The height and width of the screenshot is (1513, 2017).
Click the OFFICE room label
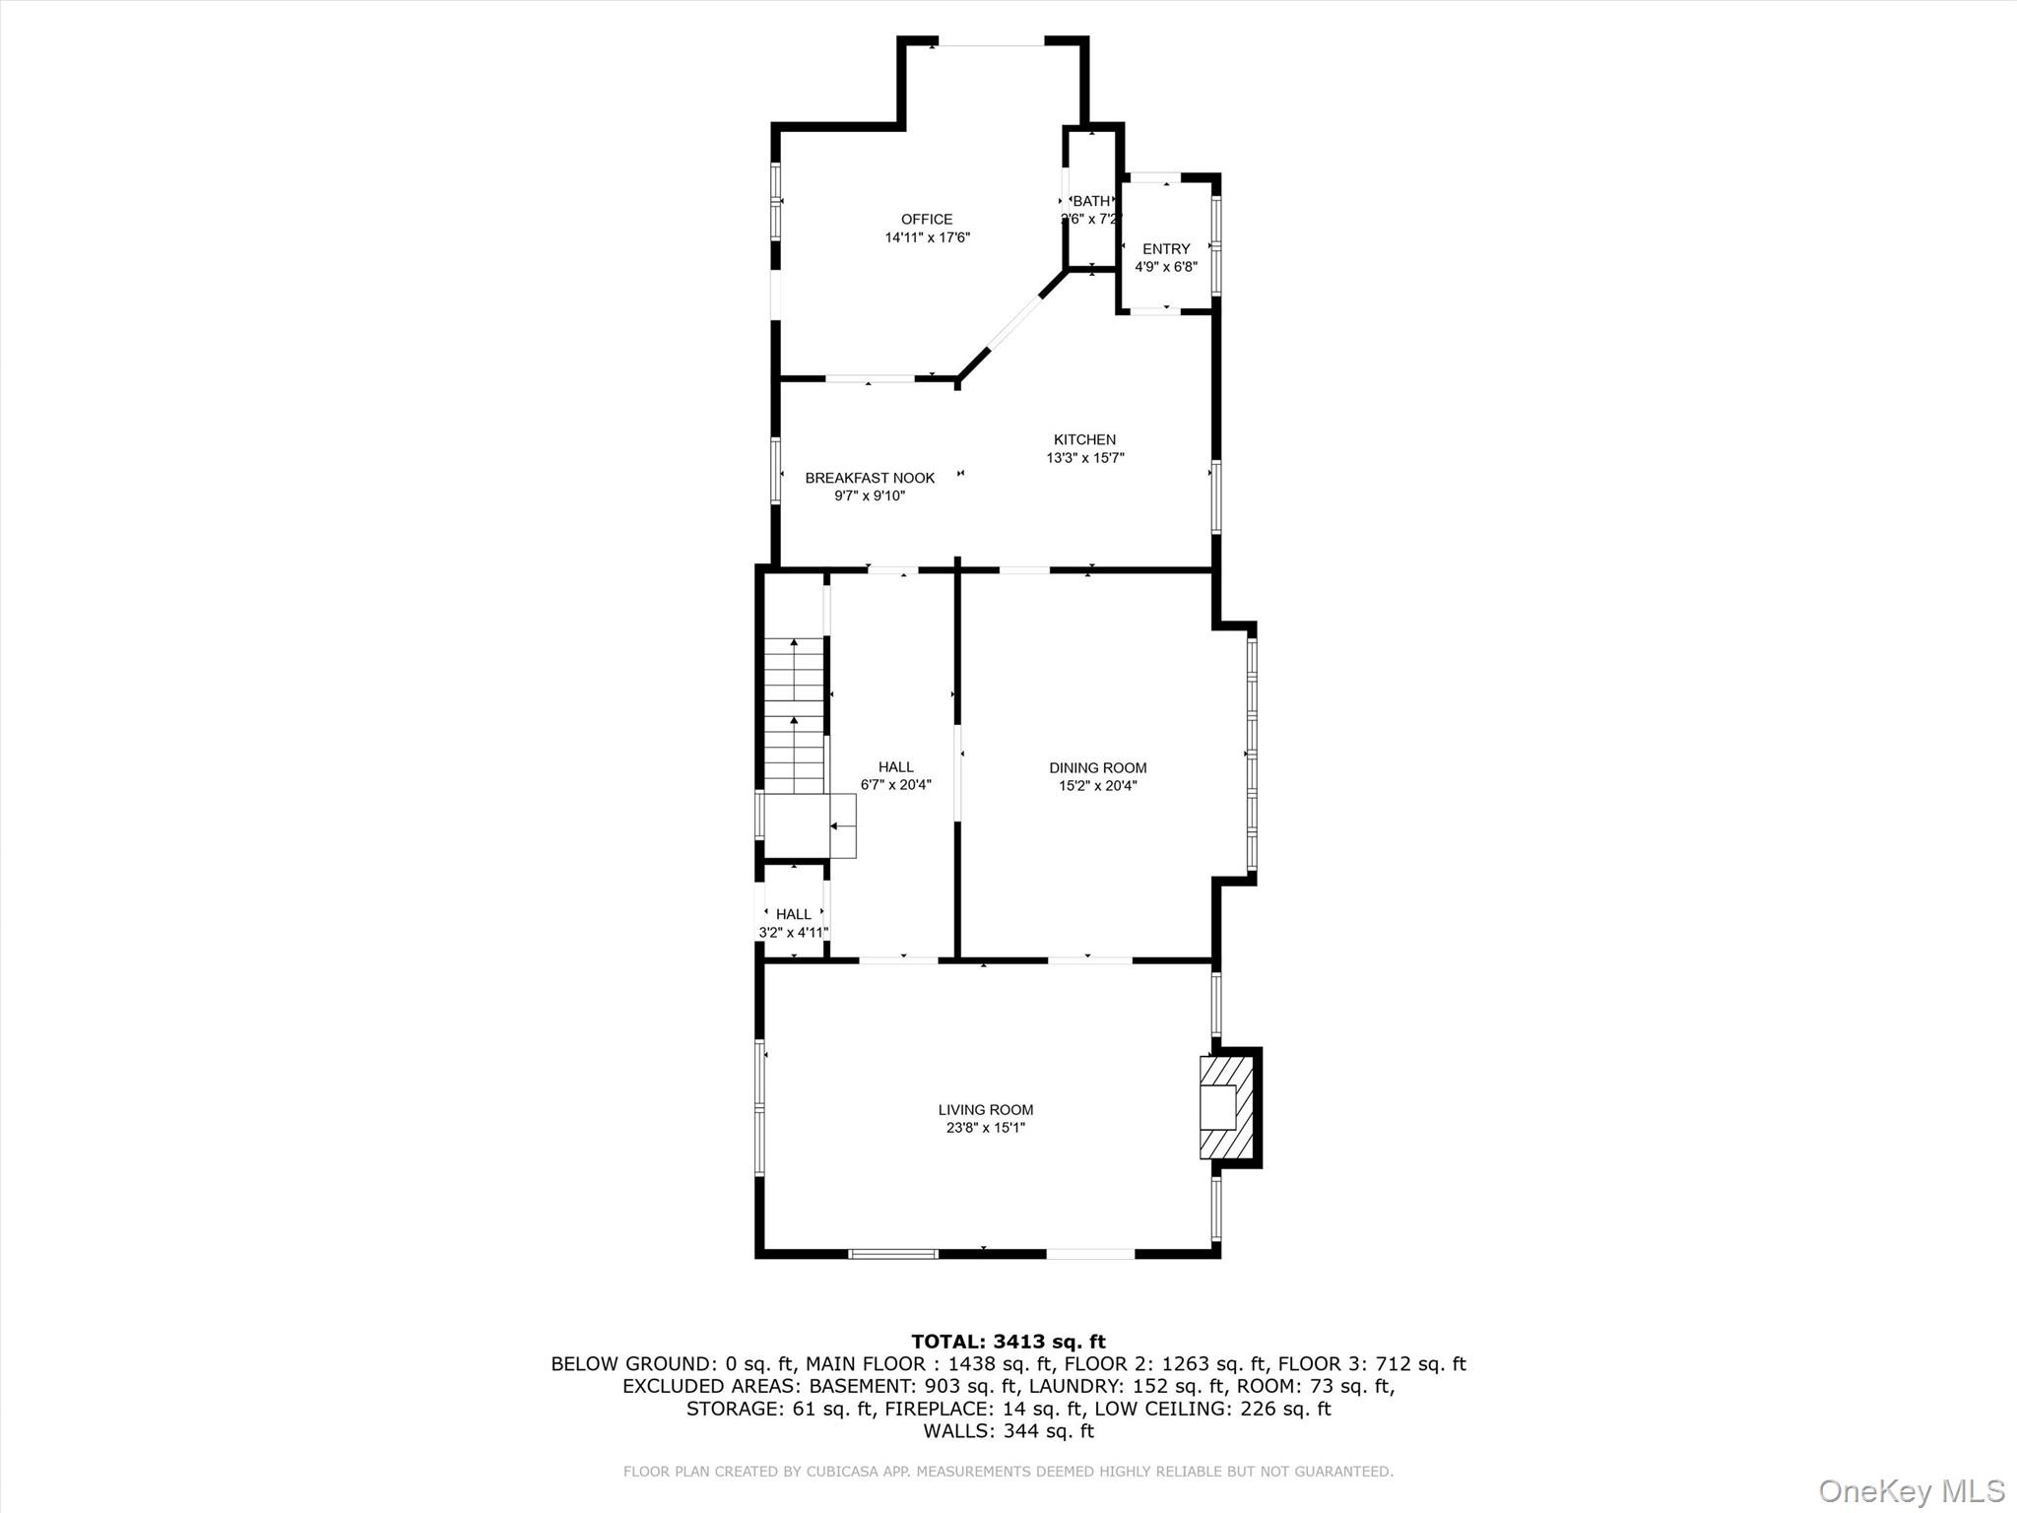tap(927, 220)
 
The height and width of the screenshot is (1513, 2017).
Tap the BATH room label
tap(1091, 201)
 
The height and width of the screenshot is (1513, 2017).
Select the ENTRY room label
tap(1166, 249)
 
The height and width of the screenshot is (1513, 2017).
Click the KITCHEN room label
tap(1084, 439)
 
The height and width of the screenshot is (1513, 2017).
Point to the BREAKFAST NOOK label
tap(870, 478)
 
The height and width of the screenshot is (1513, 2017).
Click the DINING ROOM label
tap(1097, 767)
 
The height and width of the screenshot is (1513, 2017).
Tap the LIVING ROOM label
tap(985, 1110)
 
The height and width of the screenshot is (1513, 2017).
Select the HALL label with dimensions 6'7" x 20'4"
tap(895, 766)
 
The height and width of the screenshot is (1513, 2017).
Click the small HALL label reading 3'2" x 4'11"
tap(793, 914)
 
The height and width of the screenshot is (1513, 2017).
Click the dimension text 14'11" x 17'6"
tap(927, 237)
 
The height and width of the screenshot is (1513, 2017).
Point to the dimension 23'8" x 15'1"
tap(985, 1128)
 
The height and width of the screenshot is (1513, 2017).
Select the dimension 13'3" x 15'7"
tap(1084, 457)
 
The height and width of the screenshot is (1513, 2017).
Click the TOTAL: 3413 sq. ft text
tap(1008, 1342)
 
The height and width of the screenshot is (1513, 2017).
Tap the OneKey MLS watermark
tap(1911, 1490)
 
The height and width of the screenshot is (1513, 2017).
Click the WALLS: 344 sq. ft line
tap(1008, 1431)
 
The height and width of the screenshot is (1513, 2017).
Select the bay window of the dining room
tap(1252, 754)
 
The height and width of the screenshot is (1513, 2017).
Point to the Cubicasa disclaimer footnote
tap(1008, 1472)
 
